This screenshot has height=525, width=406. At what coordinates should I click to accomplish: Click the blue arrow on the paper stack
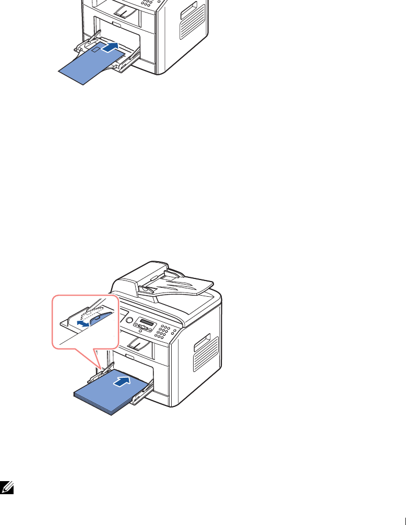point(120,382)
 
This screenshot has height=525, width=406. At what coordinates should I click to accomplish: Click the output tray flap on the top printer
point(126,9)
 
